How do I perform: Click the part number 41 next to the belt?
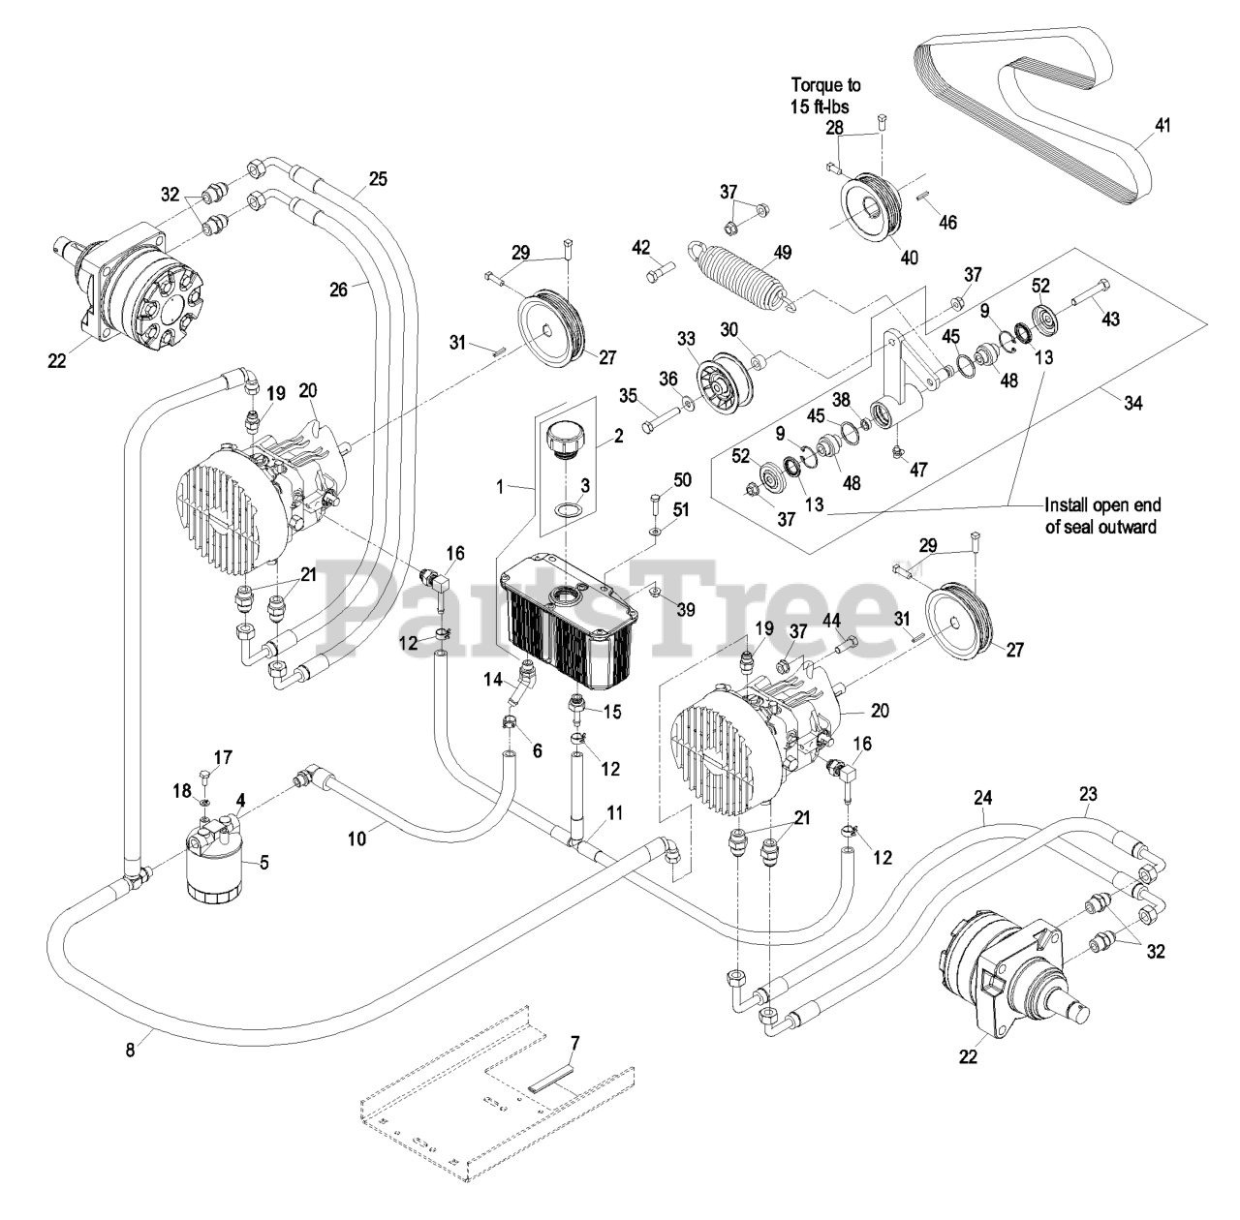(1162, 125)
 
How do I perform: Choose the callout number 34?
(1132, 403)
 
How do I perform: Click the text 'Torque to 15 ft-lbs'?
(825, 95)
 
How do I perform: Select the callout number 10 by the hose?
(356, 838)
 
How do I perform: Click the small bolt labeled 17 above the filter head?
(205, 776)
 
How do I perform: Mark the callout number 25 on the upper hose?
(379, 178)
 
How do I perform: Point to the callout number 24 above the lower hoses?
(982, 798)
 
